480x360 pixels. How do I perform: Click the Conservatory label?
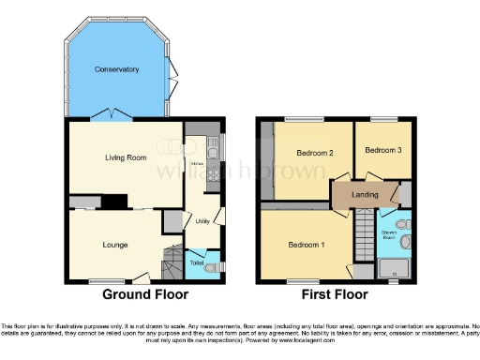pos(116,69)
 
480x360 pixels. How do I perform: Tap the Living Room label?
pos(126,157)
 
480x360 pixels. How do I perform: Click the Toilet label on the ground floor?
pos(197,263)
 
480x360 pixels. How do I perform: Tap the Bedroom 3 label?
pos(383,150)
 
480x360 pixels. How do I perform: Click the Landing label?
pos(364,194)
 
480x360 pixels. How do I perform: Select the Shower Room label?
pos(388,233)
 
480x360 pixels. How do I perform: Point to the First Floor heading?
pos(335,294)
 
